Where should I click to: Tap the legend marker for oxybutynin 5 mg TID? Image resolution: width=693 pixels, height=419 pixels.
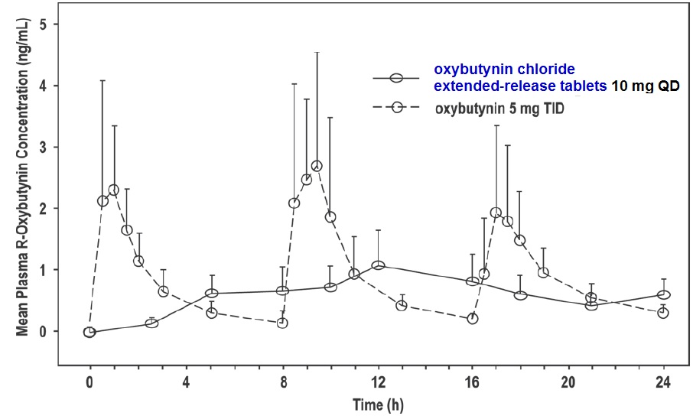(396, 108)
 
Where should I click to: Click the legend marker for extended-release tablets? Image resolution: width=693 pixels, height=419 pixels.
(396, 78)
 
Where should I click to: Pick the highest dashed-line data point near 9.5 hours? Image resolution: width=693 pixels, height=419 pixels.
(317, 166)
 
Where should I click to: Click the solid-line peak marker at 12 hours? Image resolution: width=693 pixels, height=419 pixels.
(377, 265)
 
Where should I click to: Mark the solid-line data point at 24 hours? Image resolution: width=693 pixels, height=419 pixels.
(663, 294)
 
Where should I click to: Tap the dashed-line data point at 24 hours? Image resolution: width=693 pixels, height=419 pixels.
(663, 313)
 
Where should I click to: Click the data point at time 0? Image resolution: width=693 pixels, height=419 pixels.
(89, 332)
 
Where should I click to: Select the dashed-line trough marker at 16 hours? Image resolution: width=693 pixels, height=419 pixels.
(473, 318)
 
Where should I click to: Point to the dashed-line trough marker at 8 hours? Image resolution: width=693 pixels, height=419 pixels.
(282, 323)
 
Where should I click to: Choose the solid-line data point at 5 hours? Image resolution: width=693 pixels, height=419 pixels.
(212, 293)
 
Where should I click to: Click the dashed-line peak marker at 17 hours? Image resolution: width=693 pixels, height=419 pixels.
(496, 213)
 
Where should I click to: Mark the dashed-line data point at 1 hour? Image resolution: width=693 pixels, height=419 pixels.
(114, 190)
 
